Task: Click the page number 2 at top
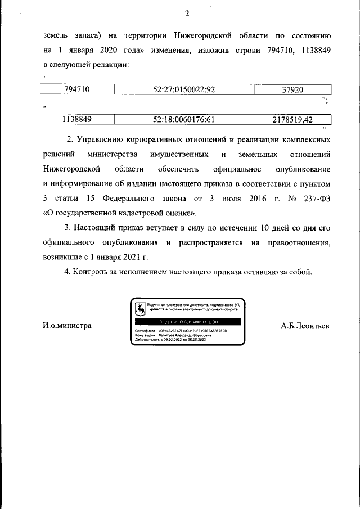point(187,14)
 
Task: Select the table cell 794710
point(78,89)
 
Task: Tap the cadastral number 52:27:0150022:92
point(184,89)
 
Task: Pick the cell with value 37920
point(292,89)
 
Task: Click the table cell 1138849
point(78,119)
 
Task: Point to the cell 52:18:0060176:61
point(184,119)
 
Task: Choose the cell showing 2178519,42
point(292,119)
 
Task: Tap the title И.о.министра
point(67,326)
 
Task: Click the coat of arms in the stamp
point(139,308)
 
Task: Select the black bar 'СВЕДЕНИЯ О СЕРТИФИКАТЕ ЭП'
point(187,321)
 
